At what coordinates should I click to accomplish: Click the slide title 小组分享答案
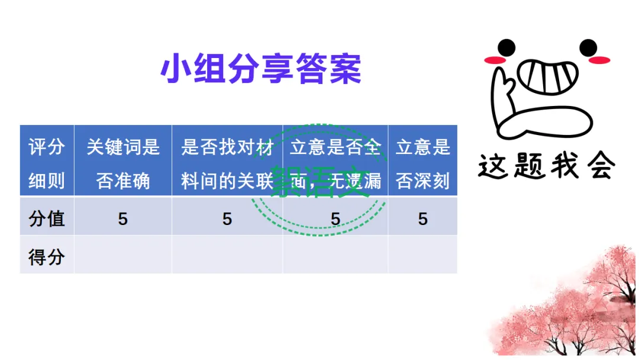click(x=260, y=69)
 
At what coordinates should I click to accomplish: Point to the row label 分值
click(x=46, y=218)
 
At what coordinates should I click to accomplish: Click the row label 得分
click(x=46, y=256)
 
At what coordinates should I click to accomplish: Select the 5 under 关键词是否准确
click(x=122, y=219)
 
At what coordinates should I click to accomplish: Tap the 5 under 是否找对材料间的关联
click(x=227, y=219)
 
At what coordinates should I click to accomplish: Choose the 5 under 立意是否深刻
click(x=422, y=219)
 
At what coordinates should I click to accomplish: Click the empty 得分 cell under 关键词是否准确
click(x=122, y=255)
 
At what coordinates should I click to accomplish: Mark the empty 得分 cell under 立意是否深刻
click(x=422, y=255)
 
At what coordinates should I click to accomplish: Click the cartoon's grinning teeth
click(x=548, y=75)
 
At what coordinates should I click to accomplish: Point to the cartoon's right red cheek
click(x=601, y=60)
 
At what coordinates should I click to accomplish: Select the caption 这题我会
click(x=546, y=166)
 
